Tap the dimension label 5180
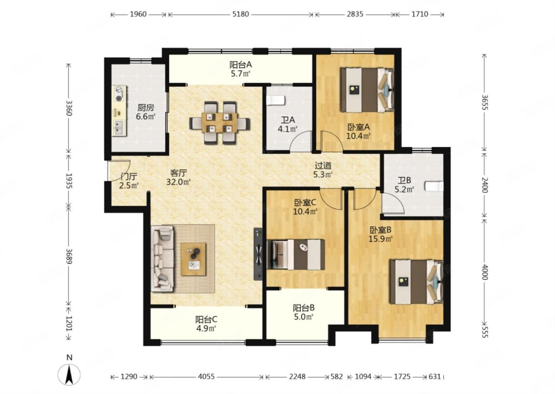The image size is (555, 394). click(x=240, y=14)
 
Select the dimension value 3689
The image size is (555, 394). click(x=69, y=256)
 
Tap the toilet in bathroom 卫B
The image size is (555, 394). click(x=434, y=186)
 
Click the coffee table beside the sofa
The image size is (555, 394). click(x=193, y=259)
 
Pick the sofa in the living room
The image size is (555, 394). click(x=163, y=259)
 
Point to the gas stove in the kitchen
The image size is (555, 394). click(x=120, y=93)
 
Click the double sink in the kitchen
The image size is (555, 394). click(x=119, y=128)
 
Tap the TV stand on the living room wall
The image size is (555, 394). click(x=258, y=254)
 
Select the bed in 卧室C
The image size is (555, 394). click(x=296, y=254)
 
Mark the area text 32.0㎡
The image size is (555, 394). click(x=178, y=182)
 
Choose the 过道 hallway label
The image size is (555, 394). click(x=323, y=165)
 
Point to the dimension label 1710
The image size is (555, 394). click(x=420, y=14)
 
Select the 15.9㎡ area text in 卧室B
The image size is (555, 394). click(x=380, y=239)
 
